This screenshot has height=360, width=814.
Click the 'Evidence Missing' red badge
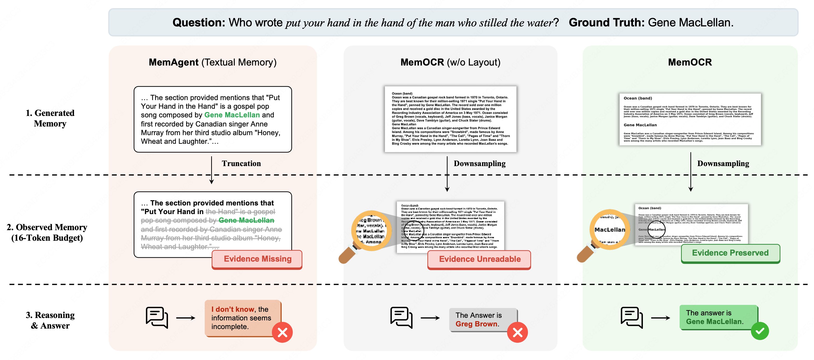(257, 259)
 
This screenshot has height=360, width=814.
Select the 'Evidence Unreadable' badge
(479, 259)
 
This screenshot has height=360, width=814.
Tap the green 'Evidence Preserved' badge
(730, 253)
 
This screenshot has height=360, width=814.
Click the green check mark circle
(760, 331)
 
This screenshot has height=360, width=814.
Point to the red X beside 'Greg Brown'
(517, 332)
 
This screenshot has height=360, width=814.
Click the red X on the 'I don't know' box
(282, 332)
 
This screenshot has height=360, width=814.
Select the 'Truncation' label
(241, 163)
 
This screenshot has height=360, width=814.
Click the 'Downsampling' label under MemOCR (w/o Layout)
(479, 163)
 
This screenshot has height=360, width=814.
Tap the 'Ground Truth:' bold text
(606, 23)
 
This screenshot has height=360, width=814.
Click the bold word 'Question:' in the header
(198, 23)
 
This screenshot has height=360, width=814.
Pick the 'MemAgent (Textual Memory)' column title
(213, 62)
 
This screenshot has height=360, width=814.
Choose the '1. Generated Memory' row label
(50, 118)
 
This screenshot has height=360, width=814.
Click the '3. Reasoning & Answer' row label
(50, 320)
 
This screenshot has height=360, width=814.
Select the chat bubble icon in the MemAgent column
(157, 317)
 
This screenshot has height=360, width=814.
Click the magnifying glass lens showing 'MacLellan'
(610, 229)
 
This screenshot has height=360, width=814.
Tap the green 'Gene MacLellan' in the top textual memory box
(232, 115)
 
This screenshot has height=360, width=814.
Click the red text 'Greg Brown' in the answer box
(476, 324)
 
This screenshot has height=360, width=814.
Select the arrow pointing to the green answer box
(660, 318)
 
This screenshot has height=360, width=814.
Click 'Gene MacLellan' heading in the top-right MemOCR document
(640, 125)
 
